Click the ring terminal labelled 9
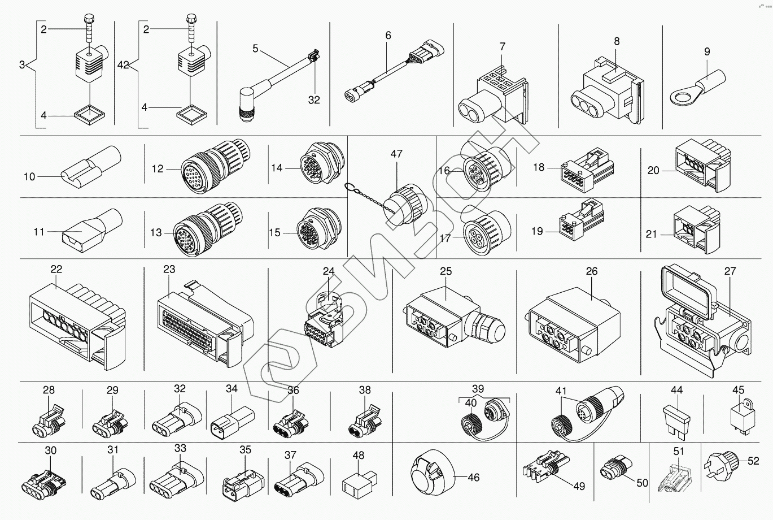click(697, 90)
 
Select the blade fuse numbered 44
click(676, 422)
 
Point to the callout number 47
click(396, 153)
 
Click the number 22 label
click(56, 269)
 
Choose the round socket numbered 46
click(434, 473)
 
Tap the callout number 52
click(753, 461)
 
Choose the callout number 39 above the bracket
click(478, 389)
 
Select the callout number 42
click(123, 65)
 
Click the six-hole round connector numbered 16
click(487, 167)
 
